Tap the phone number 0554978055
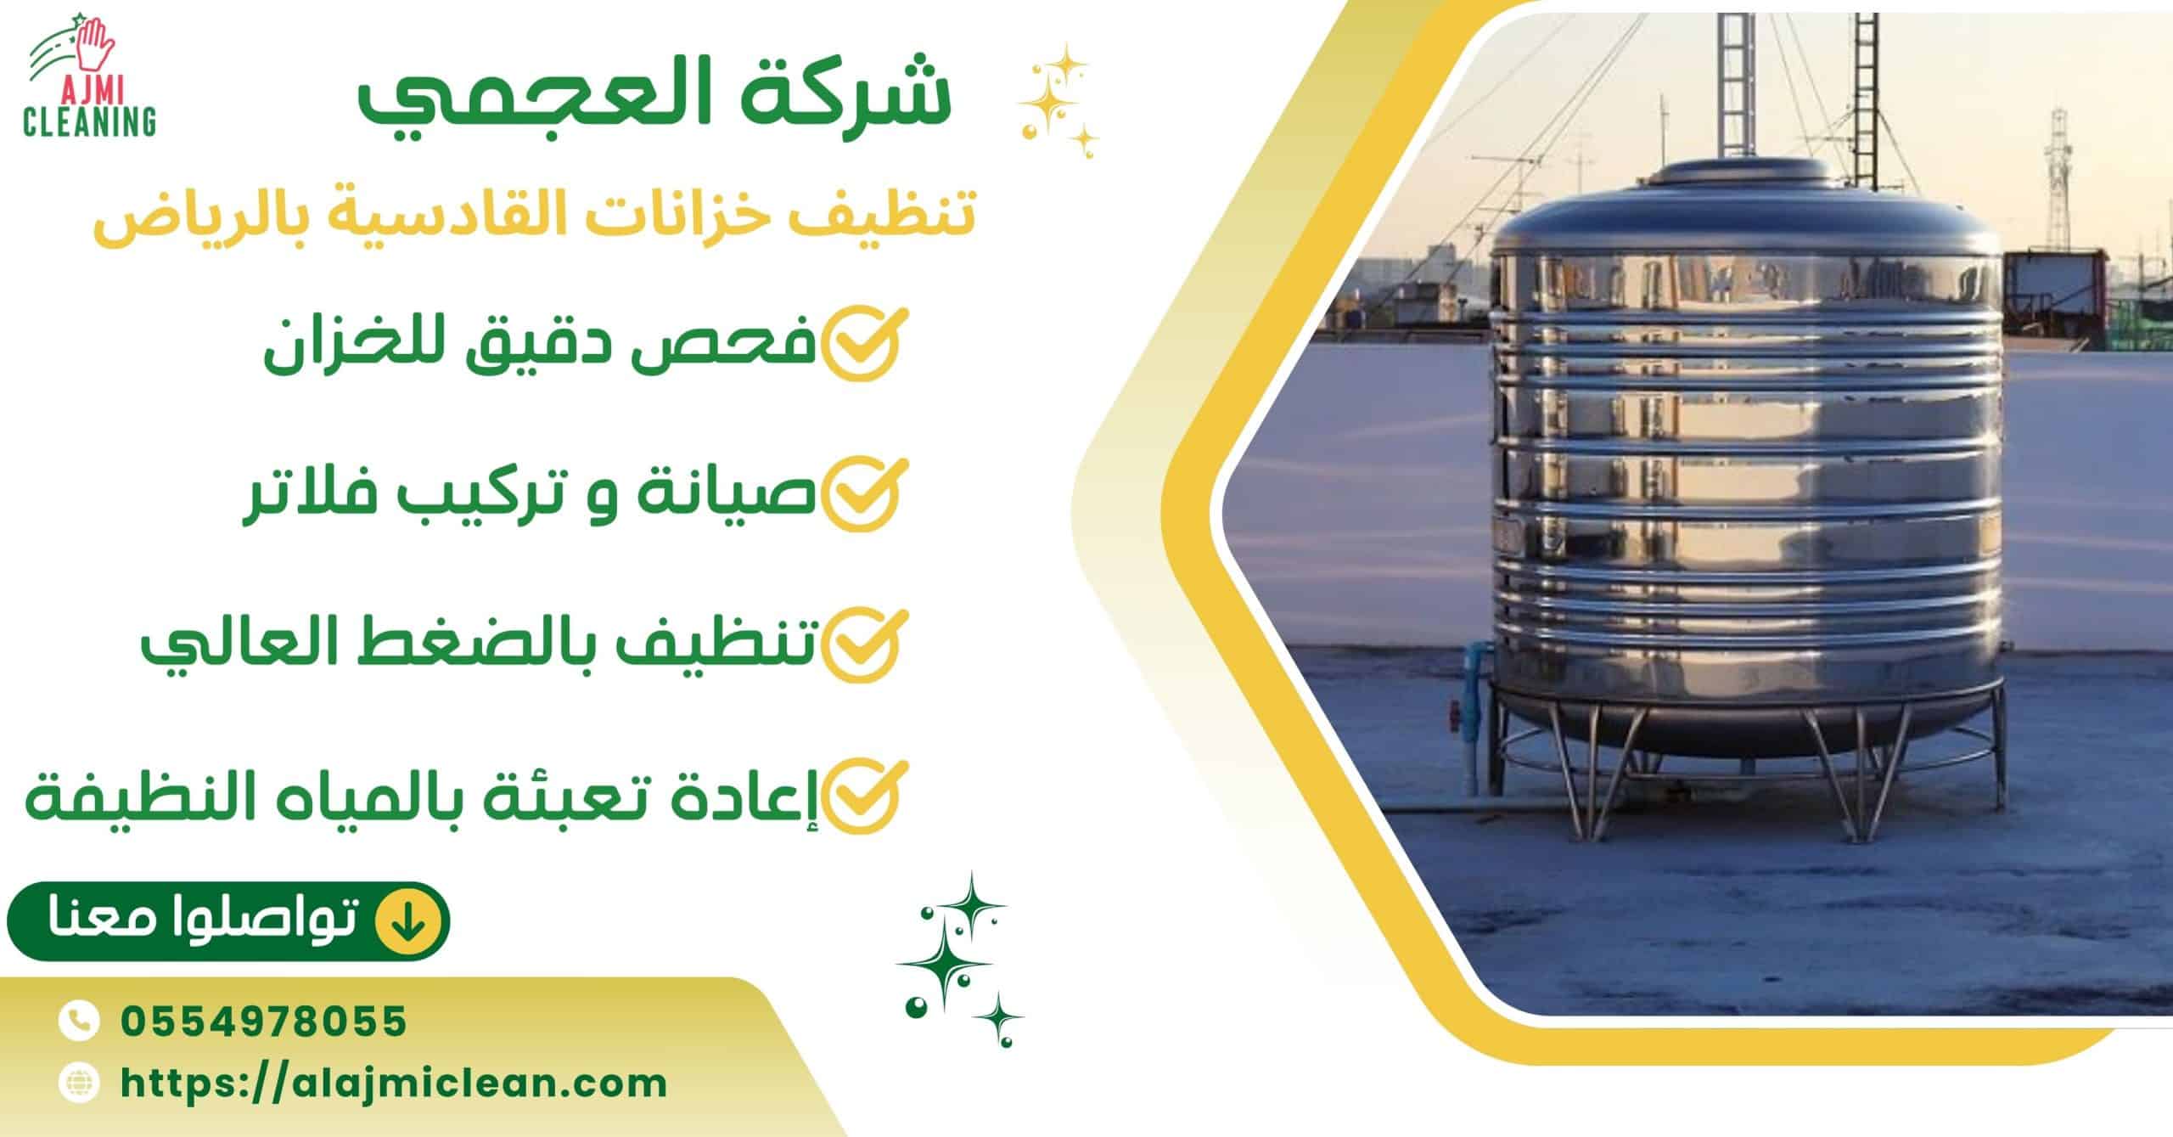pyautogui.click(x=264, y=1021)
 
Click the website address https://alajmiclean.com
pyautogui.click(x=394, y=1083)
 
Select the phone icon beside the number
pyautogui.click(x=79, y=1021)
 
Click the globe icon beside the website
pyautogui.click(x=79, y=1083)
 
